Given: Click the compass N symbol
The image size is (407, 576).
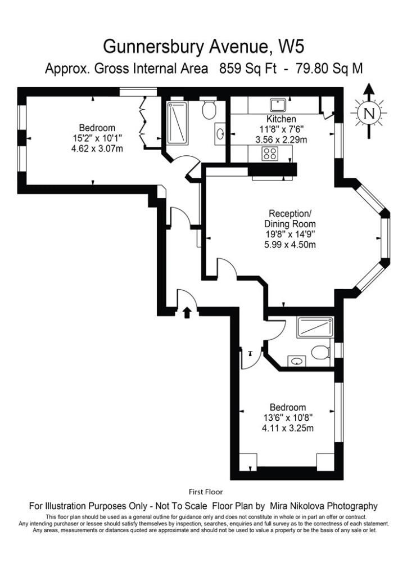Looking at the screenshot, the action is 369,112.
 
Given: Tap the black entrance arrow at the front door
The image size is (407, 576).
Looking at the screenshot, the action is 187,313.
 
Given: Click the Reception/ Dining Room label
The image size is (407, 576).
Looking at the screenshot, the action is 290,219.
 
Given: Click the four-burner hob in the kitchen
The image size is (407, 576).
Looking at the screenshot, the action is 270,154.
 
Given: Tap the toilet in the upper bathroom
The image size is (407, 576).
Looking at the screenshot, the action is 209,110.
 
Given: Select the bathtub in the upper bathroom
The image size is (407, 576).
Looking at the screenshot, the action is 177,123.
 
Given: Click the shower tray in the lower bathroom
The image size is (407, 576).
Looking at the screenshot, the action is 315,327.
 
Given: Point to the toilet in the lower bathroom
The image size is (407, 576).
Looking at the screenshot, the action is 320,353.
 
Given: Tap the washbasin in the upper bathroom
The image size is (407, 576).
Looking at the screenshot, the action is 220,133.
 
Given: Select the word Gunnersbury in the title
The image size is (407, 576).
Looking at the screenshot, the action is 154,47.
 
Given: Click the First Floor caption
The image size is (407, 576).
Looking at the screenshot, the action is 206,492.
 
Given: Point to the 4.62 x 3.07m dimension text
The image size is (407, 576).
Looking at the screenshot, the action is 97,148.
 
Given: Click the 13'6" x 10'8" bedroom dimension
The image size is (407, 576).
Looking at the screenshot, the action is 288,418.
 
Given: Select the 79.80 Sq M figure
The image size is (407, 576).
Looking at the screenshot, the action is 329,68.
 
